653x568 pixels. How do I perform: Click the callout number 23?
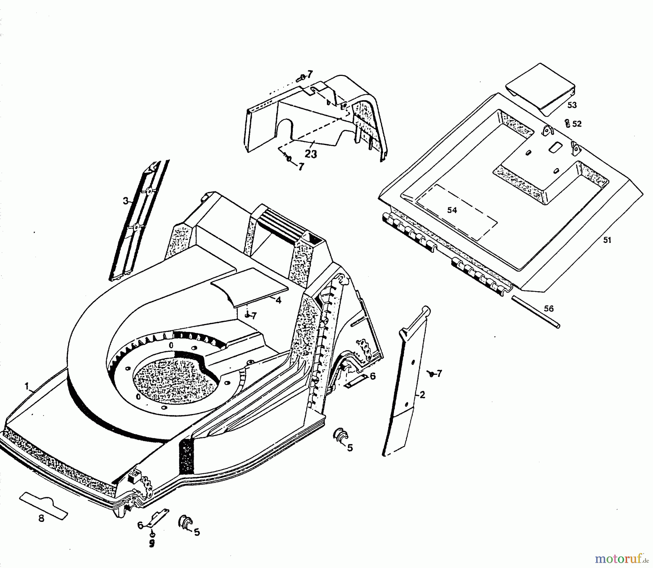[311, 154]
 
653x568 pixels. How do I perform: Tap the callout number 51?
[607, 240]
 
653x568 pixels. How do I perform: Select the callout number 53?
[572, 105]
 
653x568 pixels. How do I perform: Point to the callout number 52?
[576, 124]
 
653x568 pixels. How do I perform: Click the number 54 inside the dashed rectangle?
[452, 210]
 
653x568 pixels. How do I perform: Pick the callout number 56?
[549, 309]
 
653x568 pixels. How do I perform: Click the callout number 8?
[41, 519]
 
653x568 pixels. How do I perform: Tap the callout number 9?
[152, 543]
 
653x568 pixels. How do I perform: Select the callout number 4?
[278, 301]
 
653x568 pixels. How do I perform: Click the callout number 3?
[126, 201]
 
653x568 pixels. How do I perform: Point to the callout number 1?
[26, 386]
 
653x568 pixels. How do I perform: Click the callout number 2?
[422, 395]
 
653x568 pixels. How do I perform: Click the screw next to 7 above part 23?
[302, 77]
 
